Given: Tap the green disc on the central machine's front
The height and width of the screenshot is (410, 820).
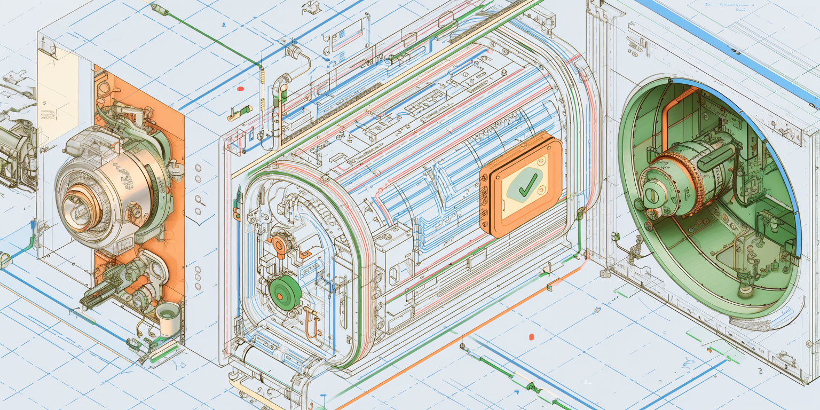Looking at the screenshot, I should (x=286, y=293).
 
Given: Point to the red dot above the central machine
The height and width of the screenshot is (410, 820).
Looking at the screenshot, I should (x=240, y=89).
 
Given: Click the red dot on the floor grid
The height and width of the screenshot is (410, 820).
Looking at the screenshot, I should (x=531, y=337).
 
